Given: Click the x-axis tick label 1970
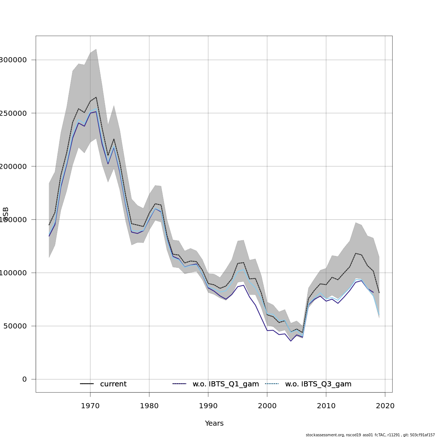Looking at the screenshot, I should click(90, 406).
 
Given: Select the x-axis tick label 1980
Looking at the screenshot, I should click(149, 406).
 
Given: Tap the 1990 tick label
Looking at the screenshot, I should click(208, 406).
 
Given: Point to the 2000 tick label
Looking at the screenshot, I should click(267, 406).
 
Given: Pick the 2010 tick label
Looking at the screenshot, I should click(326, 406).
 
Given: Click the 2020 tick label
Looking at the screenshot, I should click(385, 406).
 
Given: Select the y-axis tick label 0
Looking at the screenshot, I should click(24, 379).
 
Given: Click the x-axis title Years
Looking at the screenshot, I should click(214, 424).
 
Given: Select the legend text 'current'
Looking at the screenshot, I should click(113, 384).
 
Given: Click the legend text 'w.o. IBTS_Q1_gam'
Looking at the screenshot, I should click(226, 384).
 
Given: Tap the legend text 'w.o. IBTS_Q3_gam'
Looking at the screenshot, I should click(318, 384).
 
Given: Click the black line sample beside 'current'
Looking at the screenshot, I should click(87, 384).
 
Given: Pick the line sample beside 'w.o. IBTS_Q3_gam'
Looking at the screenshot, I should click(272, 384).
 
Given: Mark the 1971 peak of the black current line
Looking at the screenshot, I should click(96, 97).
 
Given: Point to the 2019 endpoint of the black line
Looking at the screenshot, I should click(379, 293).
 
